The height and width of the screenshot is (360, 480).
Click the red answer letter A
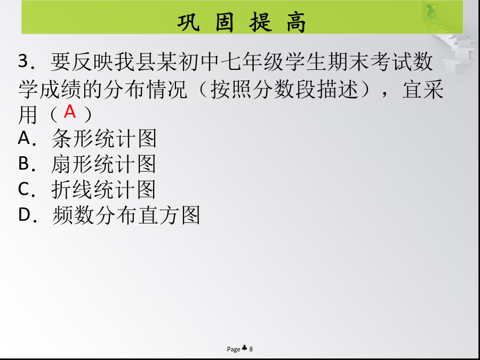pyautogui.click(x=70, y=111)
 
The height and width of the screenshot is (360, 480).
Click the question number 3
pyautogui.click(x=23, y=61)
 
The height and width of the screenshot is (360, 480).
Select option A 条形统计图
pyautogui.click(x=87, y=138)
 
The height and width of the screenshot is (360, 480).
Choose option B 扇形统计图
pyautogui.click(x=87, y=164)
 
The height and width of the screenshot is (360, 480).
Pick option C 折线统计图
pyautogui.click(x=87, y=189)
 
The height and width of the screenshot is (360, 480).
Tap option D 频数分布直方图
pyautogui.click(x=109, y=214)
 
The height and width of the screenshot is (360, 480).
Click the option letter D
pyautogui.click(x=24, y=214)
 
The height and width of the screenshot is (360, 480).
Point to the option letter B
pyautogui.click(x=23, y=164)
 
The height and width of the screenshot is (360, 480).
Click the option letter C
pyautogui.click(x=24, y=189)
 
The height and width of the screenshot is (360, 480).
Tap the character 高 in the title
pyautogui.click(x=297, y=22)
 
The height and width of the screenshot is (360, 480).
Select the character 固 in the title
pyautogui.click(x=225, y=22)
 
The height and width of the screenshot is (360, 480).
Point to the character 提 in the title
pyautogui.click(x=260, y=22)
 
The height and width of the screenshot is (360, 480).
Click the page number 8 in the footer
pyautogui.click(x=251, y=349)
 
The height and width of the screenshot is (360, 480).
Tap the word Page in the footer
pyautogui.click(x=234, y=349)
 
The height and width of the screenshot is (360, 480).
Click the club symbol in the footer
pyautogui.click(x=245, y=348)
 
